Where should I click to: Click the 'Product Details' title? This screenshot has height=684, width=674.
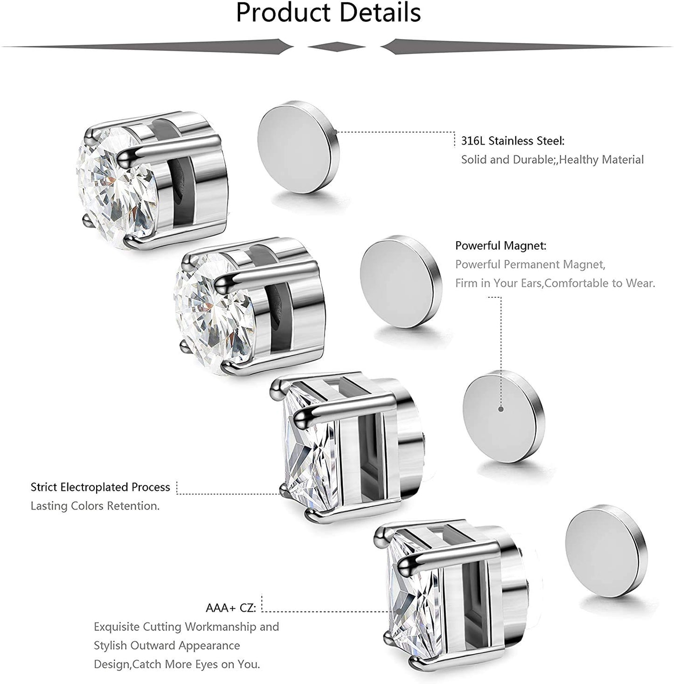click(x=328, y=13)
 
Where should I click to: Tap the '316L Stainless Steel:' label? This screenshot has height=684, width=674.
click(x=513, y=141)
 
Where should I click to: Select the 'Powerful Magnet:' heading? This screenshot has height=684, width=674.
click(x=501, y=245)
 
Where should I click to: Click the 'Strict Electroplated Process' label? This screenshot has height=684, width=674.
click(x=100, y=488)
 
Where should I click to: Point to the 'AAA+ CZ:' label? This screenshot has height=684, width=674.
click(x=231, y=608)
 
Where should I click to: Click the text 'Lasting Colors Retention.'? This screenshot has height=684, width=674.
click(x=95, y=506)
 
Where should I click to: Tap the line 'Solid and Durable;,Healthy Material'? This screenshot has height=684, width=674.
click(x=552, y=160)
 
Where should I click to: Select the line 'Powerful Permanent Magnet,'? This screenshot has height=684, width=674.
click(x=530, y=265)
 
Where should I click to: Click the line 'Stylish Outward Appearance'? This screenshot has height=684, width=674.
click(x=167, y=645)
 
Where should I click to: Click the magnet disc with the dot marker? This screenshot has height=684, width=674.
click(x=503, y=416)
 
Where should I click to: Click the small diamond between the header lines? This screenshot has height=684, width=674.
click(x=336, y=47)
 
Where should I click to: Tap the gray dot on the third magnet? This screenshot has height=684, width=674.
click(x=501, y=409)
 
